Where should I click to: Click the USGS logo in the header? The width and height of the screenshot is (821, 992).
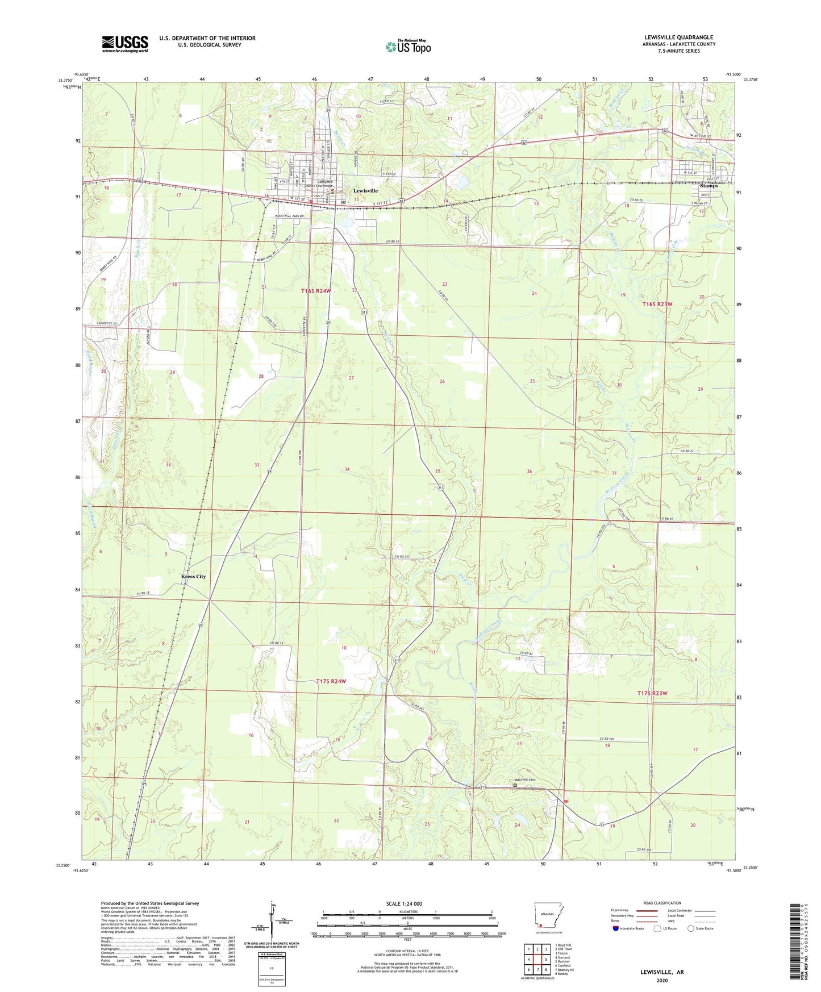point(124,44)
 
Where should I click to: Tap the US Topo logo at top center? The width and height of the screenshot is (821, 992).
point(408,46)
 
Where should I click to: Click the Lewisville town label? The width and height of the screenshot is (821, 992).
point(365,191)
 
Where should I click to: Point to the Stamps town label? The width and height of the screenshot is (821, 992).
point(709,186)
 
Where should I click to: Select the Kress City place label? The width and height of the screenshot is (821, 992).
point(193,576)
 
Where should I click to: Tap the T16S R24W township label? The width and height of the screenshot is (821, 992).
point(316,290)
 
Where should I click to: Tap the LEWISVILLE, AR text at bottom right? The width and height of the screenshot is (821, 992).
point(662,972)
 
